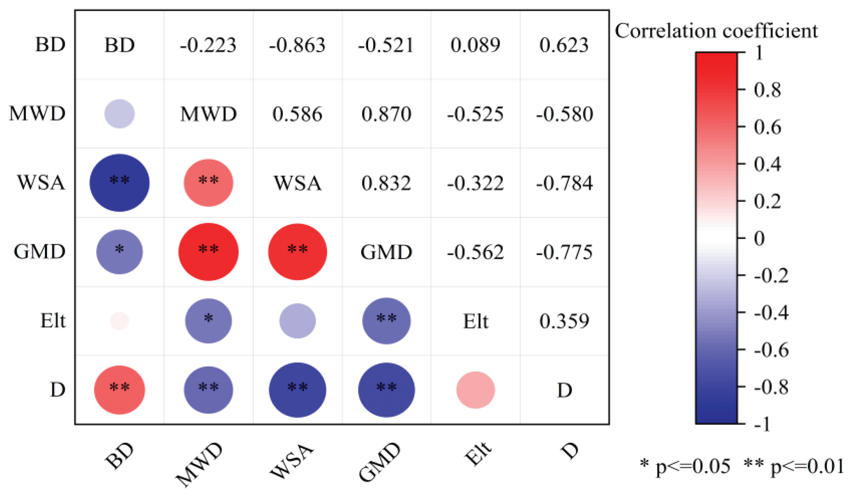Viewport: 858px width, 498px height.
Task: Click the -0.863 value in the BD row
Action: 297,45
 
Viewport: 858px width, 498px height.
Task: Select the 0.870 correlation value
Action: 386,114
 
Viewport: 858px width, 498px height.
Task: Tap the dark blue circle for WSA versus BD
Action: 119,183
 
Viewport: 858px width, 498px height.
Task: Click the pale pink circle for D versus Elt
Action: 475,390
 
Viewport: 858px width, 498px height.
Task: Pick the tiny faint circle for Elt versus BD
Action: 119,321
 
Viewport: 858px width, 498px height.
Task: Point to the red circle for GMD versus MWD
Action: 208,252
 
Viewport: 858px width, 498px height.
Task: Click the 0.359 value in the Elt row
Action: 564,321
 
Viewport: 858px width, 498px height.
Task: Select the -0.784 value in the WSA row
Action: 564,183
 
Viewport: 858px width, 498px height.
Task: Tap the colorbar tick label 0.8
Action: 767,90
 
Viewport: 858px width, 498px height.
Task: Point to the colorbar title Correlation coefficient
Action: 716,31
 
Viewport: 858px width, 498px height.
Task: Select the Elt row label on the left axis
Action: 53,321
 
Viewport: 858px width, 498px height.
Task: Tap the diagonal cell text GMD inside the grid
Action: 386,252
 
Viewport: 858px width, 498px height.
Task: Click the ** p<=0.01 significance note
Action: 794,466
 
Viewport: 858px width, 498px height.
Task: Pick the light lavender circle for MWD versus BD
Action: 119,114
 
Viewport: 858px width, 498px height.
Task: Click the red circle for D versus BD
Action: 119,390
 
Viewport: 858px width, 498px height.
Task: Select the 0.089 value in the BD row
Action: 475,45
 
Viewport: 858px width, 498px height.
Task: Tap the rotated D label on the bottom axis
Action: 570,451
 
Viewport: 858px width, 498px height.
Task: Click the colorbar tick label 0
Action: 759,238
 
